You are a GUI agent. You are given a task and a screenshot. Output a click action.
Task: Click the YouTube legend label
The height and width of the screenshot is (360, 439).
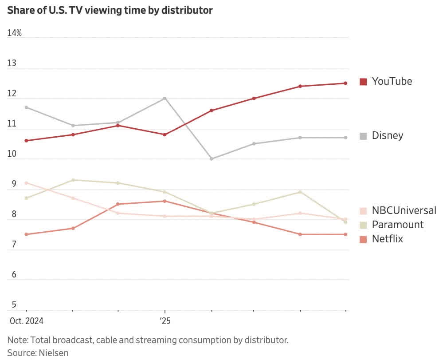pos(392,81)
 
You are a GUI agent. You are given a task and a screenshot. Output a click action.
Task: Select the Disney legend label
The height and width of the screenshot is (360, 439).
pos(387,135)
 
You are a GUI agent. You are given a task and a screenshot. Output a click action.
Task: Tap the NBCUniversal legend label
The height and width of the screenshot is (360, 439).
pos(404,210)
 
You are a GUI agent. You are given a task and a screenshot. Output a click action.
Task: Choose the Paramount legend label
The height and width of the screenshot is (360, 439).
pos(397,224)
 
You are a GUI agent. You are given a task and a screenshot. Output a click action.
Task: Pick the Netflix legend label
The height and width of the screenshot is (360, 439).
pos(387,239)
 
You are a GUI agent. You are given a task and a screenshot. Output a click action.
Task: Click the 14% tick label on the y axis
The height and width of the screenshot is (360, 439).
pos(15,33)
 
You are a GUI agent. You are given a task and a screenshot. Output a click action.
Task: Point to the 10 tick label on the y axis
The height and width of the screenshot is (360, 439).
pos(12,154)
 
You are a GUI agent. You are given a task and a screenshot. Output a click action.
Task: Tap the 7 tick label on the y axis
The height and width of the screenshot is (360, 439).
pos(14,245)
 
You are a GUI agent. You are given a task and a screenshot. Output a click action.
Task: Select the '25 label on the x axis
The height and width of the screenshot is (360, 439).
pos(165,320)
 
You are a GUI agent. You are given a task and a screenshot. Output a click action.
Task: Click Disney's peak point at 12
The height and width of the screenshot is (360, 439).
pos(165,98)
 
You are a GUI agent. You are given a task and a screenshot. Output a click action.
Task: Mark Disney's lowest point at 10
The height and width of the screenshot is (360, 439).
pos(211,158)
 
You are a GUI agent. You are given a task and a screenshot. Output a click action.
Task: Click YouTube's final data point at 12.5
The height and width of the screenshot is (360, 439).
pos(345,83)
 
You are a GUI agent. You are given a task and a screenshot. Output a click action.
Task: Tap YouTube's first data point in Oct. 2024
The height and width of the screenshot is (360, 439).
pos(27,141)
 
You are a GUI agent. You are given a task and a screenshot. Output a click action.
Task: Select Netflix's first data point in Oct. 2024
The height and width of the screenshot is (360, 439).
pos(27,234)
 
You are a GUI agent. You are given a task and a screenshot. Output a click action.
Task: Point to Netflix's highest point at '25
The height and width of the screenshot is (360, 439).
pos(165,201)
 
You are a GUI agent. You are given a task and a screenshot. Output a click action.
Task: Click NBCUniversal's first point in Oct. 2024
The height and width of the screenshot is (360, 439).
pos(27,183)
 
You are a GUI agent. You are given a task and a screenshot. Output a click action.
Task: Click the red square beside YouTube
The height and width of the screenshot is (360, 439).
pos(363,82)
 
